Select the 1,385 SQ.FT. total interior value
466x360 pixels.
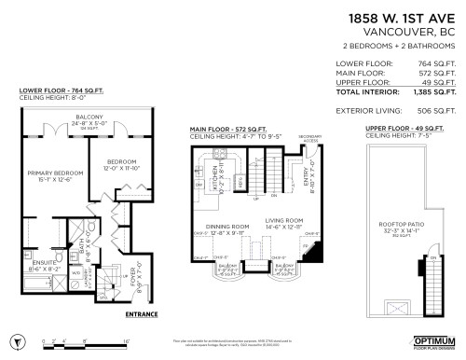[435, 92]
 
